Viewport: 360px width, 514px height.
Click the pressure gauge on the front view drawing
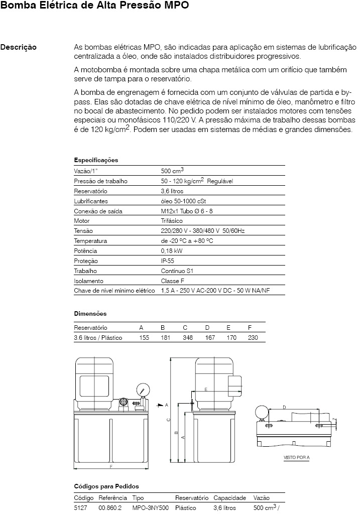(143, 390)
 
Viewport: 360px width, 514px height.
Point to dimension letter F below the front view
(110, 467)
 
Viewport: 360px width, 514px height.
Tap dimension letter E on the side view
(206, 390)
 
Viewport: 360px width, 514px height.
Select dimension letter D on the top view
(285, 407)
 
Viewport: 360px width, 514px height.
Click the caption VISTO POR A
(297, 457)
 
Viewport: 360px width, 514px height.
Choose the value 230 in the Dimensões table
(253, 338)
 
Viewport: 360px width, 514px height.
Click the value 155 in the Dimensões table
(144, 338)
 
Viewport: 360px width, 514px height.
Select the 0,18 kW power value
(171, 251)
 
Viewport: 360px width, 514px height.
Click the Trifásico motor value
(172, 221)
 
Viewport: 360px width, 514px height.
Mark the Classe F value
(172, 281)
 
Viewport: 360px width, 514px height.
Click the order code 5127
(80, 507)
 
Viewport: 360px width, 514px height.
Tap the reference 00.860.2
(110, 507)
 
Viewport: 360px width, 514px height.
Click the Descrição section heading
(18, 47)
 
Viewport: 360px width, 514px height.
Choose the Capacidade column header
(229, 498)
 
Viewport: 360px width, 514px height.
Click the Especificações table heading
(96, 160)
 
